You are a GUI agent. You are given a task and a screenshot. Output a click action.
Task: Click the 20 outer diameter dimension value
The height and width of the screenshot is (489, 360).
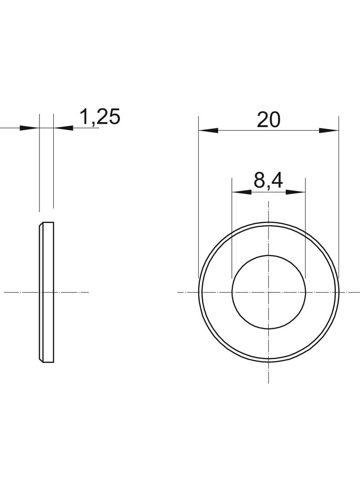269,120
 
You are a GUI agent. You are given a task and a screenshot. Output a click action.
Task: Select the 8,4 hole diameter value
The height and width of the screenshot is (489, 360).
268,180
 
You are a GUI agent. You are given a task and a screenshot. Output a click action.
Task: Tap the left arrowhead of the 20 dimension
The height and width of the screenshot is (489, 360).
208,130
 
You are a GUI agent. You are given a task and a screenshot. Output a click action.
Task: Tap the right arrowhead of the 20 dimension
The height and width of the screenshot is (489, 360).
329,130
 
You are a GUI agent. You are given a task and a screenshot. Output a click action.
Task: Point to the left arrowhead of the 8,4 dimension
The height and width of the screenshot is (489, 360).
242,192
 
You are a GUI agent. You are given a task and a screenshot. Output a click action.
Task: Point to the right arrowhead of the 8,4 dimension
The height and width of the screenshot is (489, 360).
296,192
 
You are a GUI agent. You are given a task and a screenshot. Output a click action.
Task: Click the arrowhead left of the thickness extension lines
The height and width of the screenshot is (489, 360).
29,128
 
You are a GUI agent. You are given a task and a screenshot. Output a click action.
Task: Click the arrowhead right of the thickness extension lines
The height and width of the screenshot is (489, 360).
63,128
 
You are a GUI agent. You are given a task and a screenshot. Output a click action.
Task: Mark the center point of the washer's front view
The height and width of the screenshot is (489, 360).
269,292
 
